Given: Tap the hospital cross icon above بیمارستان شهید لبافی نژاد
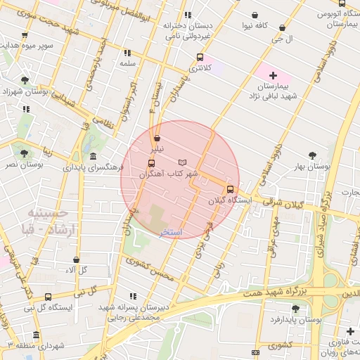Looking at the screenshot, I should [x=274, y=75].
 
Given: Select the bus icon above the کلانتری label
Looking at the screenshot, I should [x=200, y=57].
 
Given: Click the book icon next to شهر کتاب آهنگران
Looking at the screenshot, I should [x=183, y=162].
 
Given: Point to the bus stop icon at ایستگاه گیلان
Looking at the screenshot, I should [x=230, y=188].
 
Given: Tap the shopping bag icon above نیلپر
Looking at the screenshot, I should [x=156, y=138].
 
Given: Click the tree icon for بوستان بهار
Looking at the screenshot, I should [x=313, y=155].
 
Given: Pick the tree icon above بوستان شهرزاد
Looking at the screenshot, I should [x=25, y=80].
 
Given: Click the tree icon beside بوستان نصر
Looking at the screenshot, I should [x=24, y=152].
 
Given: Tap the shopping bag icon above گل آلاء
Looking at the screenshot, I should [x=76, y=259].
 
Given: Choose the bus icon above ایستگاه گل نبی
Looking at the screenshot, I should [x=48, y=297].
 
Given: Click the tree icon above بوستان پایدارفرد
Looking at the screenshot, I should [x=295, y=309].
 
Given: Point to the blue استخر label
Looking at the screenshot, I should [x=171, y=232].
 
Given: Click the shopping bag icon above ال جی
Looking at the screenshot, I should [x=282, y=27].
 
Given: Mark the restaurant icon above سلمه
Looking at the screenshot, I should [x=127, y=52].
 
